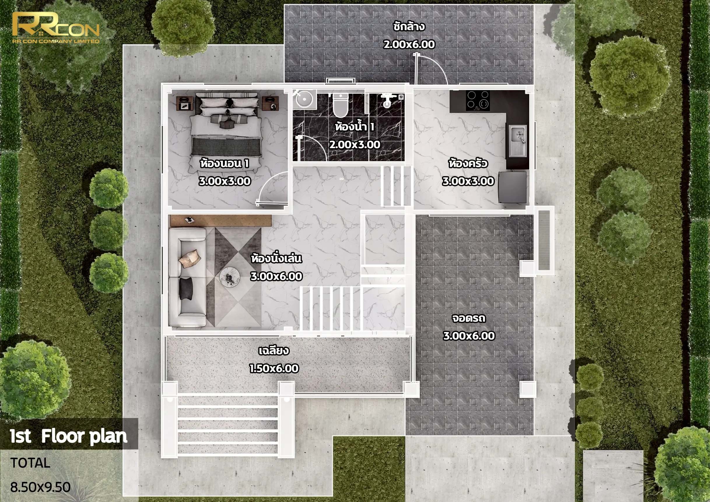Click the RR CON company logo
(x=56, y=28)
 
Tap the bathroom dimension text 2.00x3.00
(x=355, y=144)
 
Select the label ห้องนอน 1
(x=225, y=163)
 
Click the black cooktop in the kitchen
(x=478, y=101)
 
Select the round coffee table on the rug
(x=229, y=277)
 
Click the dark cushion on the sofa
(x=185, y=288)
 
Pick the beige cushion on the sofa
(x=190, y=258)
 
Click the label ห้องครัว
(x=468, y=163)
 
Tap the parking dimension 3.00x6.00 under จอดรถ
(x=469, y=336)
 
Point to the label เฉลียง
(x=274, y=350)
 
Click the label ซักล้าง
(x=409, y=27)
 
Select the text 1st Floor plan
(x=68, y=436)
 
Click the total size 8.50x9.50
(x=40, y=487)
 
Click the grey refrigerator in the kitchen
(x=512, y=188)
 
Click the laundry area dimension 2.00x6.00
(x=409, y=44)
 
